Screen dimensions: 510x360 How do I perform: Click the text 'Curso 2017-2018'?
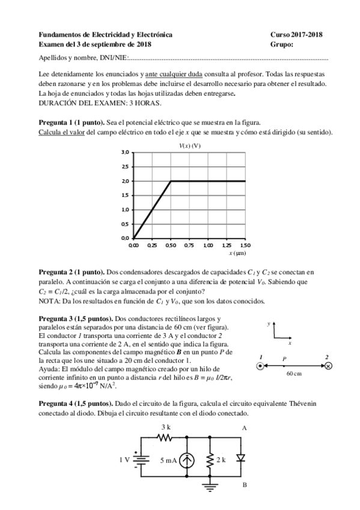[296, 35]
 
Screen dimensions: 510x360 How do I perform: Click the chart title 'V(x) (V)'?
[190, 146]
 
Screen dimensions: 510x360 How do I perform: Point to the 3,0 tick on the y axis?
[125, 153]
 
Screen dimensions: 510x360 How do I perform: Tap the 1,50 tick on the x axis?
[245, 245]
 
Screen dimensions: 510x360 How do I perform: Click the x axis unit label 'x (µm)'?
[236, 254]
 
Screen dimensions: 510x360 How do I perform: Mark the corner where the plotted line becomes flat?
[171, 181]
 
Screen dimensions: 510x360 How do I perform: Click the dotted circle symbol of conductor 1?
[260, 366]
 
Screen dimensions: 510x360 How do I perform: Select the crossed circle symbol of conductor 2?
[328, 366]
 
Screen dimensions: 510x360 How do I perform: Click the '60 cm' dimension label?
[294, 374]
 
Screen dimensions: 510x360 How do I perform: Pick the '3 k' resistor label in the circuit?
[166, 427]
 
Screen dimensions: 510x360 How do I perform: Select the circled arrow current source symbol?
[188, 460]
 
